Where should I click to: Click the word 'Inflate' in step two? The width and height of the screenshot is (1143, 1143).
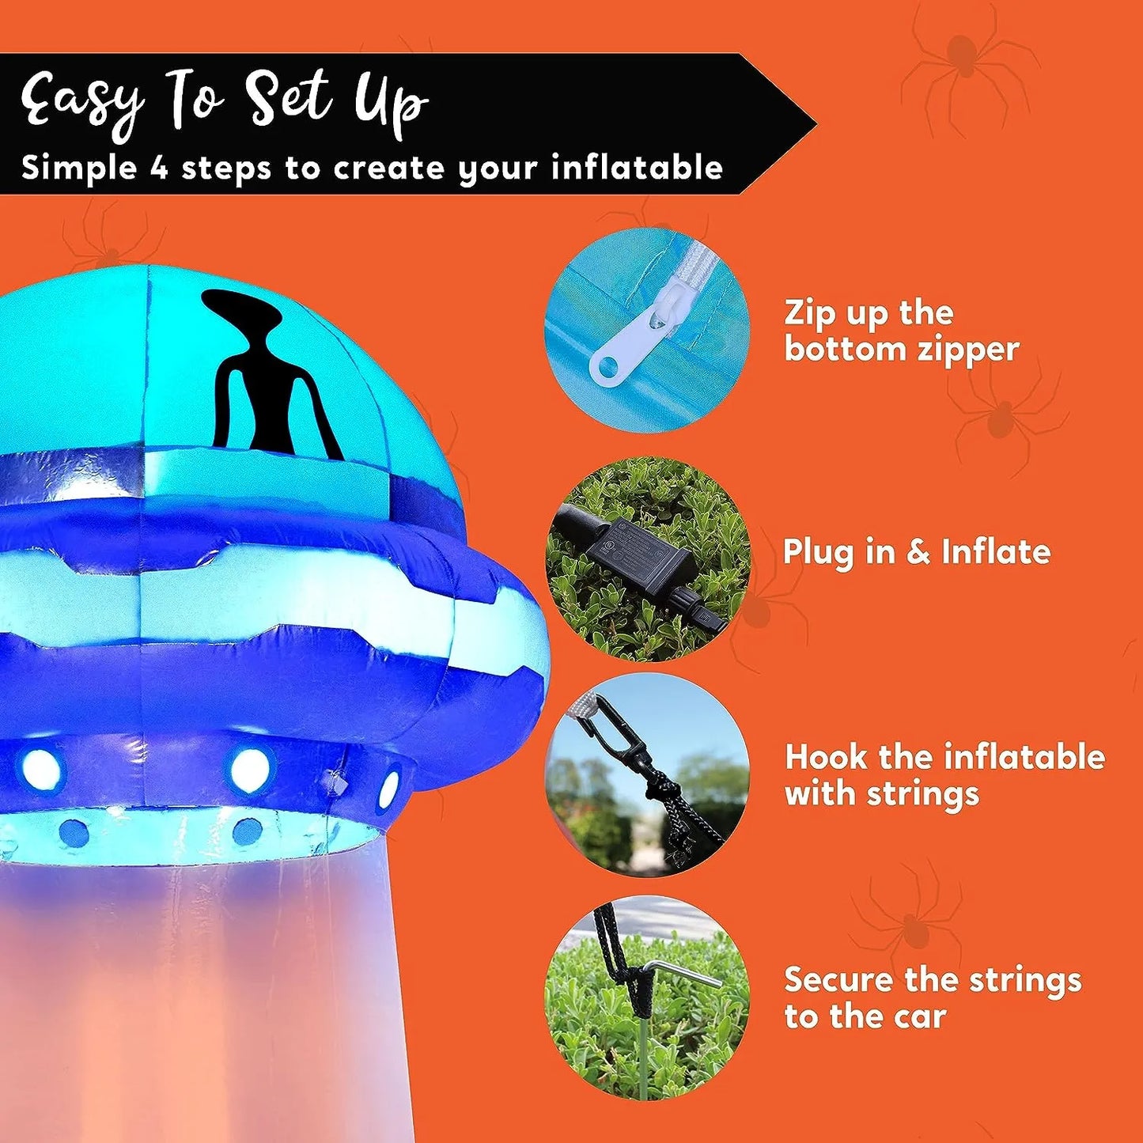(x=996, y=551)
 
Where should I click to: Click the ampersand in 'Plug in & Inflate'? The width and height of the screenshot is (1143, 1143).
(x=917, y=553)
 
